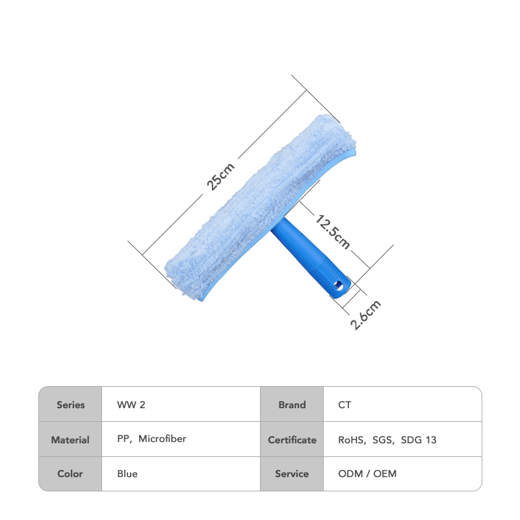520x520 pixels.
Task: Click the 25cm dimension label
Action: point(220,176)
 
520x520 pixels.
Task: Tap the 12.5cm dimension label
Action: point(332,231)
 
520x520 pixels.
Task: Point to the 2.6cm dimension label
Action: point(365,315)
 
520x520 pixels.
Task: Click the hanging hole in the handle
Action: point(339,285)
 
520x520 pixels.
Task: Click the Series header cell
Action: point(70,404)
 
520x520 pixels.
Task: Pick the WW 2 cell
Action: point(181,404)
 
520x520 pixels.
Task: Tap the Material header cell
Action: point(70,439)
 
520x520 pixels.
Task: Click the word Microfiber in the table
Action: point(162,439)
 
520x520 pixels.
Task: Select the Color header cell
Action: point(70,474)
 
